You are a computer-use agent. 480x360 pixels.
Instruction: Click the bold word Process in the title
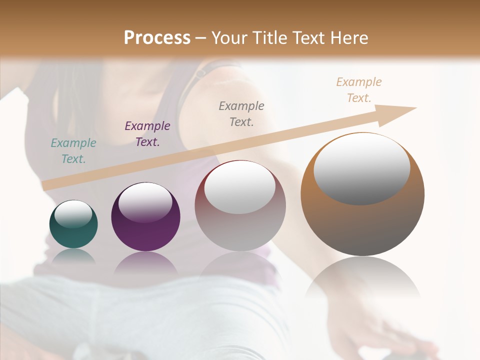click(x=157, y=38)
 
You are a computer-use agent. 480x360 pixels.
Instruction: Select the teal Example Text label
click(x=73, y=151)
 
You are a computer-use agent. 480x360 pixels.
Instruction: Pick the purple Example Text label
click(x=147, y=134)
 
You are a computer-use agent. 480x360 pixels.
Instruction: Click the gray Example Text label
click(x=241, y=113)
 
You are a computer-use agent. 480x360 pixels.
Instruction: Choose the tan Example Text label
click(x=358, y=90)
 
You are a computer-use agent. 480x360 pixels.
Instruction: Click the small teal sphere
click(x=73, y=235)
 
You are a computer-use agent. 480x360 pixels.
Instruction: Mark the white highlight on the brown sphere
click(x=361, y=168)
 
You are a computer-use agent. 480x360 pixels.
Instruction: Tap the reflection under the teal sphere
click(x=73, y=256)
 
